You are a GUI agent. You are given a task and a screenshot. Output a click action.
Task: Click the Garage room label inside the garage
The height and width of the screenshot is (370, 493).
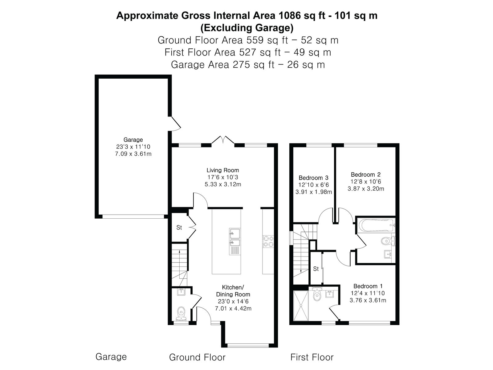[133, 140]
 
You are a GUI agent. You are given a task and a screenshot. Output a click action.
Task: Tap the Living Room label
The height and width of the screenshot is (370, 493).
[222, 170]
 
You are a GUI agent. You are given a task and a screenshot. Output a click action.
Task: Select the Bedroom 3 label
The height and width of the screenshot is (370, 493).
[313, 178]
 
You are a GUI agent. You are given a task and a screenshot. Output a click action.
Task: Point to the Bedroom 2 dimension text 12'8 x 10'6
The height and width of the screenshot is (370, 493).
[366, 182]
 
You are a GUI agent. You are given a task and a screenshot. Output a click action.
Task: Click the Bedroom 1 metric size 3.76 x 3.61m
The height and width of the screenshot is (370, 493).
[368, 300]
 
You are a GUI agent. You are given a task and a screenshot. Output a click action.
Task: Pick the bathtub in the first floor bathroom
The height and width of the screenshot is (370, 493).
[377, 226]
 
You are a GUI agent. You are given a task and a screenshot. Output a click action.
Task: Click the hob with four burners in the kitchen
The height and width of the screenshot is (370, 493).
[268, 241]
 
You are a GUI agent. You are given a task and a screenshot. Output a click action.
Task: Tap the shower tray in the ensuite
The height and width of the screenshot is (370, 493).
[301, 306]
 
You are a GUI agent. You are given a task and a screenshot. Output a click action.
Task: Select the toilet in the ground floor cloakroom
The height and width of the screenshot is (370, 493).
[181, 314]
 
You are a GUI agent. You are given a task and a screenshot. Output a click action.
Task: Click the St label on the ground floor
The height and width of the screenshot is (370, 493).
[179, 228]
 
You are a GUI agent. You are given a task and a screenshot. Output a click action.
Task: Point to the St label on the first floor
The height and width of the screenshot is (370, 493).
[316, 269]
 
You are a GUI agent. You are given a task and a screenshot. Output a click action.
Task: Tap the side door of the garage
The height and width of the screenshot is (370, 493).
[175, 123]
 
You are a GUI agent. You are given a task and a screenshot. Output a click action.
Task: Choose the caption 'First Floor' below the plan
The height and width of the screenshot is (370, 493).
[312, 357]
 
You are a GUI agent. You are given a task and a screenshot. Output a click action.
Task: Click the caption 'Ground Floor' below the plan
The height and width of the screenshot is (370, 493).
[197, 357]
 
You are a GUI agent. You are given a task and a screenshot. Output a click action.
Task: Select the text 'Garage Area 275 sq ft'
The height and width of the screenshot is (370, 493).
[222, 65]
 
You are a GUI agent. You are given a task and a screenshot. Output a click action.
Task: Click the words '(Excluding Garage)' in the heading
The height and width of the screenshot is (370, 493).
[247, 28]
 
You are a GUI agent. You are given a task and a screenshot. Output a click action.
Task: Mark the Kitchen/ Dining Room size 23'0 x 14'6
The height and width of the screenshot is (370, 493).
[233, 301]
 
